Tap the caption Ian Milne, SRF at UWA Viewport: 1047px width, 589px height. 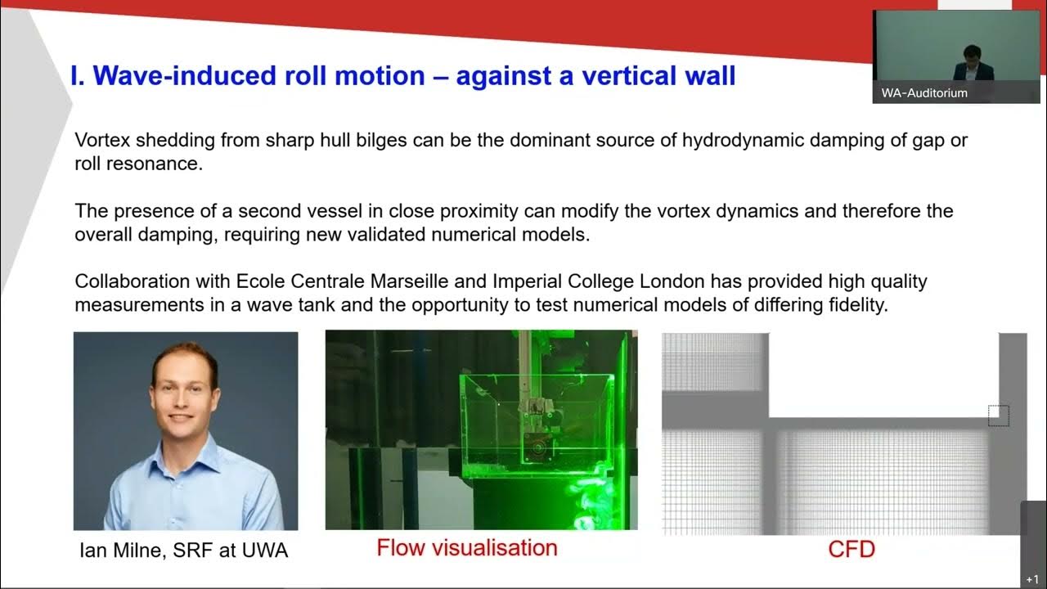click(183, 551)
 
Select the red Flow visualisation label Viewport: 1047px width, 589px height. click(467, 547)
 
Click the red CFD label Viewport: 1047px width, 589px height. click(852, 548)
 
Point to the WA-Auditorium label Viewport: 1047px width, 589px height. click(924, 93)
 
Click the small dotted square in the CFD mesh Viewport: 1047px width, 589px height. click(998, 416)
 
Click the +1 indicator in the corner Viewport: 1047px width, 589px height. click(1032, 579)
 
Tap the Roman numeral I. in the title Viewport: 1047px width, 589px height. click(79, 76)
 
